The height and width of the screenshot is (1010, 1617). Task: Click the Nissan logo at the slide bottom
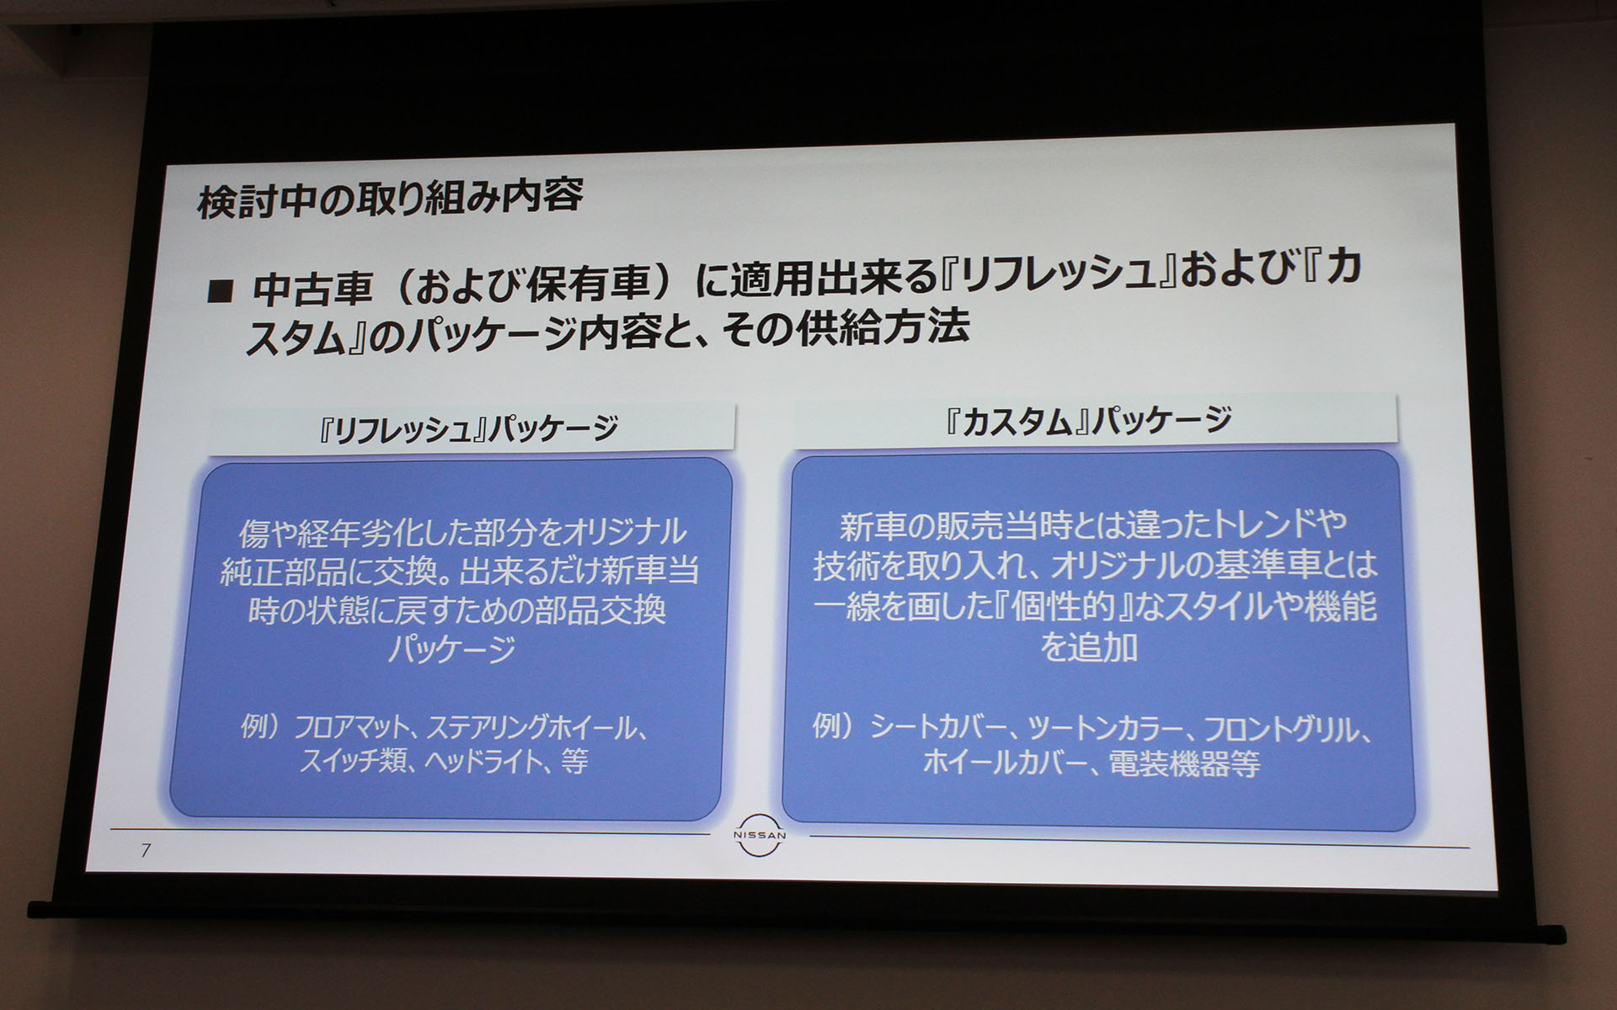(x=759, y=835)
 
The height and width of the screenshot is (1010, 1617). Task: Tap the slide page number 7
(x=146, y=850)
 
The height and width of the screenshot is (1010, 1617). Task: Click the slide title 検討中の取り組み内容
(x=390, y=199)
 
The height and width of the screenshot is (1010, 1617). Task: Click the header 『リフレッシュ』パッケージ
(x=469, y=429)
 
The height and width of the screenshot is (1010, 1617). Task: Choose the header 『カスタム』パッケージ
(x=1088, y=420)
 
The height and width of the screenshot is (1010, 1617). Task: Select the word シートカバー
(x=938, y=727)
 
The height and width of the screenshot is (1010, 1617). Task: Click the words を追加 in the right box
(x=1089, y=648)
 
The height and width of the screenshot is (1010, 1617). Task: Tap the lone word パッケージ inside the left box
(x=451, y=649)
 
